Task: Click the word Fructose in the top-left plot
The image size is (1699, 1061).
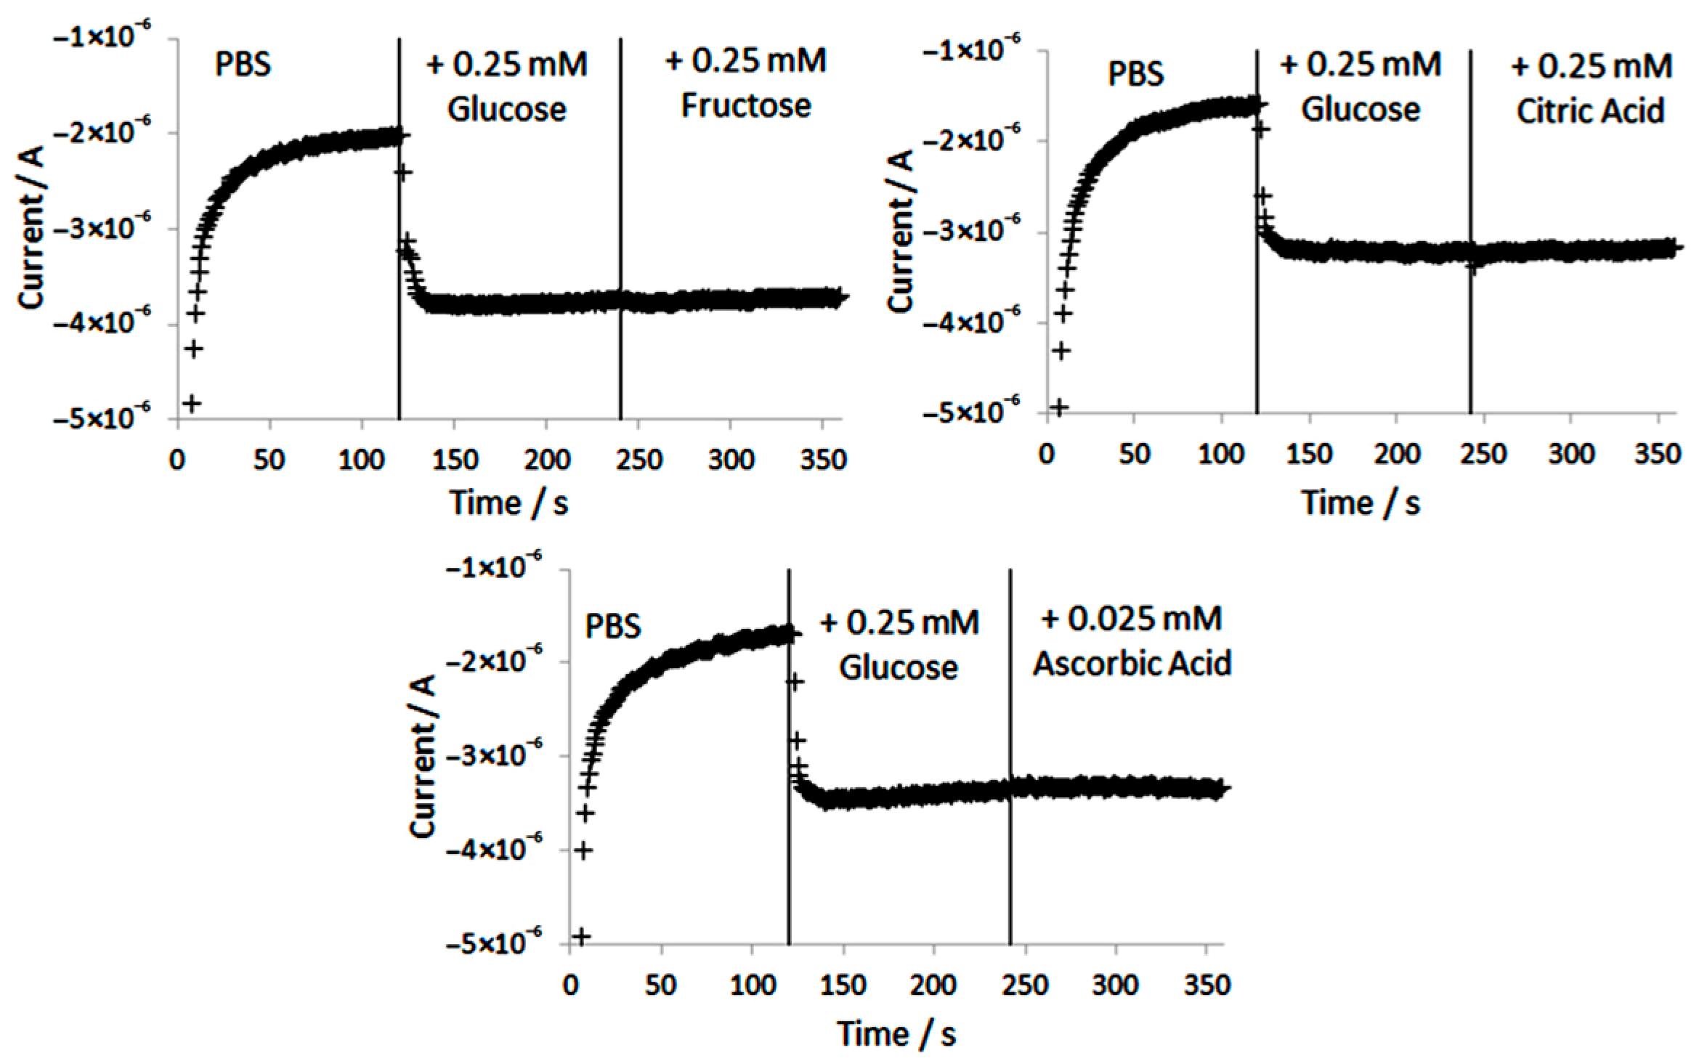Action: pos(746,105)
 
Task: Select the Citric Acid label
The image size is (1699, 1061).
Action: pos(1590,111)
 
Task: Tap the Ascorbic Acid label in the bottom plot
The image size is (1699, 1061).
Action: pos(1132,663)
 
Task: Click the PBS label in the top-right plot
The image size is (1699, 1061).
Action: pos(1135,74)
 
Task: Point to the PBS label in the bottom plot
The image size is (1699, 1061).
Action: pos(613,626)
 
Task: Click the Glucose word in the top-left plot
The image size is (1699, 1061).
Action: pos(506,109)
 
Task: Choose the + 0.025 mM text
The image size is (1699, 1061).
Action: pos(1132,619)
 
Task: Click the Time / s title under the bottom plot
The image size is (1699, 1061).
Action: pos(896,1033)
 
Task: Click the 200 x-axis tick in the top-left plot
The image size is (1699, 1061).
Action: pos(546,460)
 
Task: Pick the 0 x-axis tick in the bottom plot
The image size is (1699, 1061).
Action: pos(570,985)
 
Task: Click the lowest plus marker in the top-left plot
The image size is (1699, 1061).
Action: pos(192,403)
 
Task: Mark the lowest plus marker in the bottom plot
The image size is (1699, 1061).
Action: pos(581,938)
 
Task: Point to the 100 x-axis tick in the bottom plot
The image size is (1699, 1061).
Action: pos(751,985)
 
